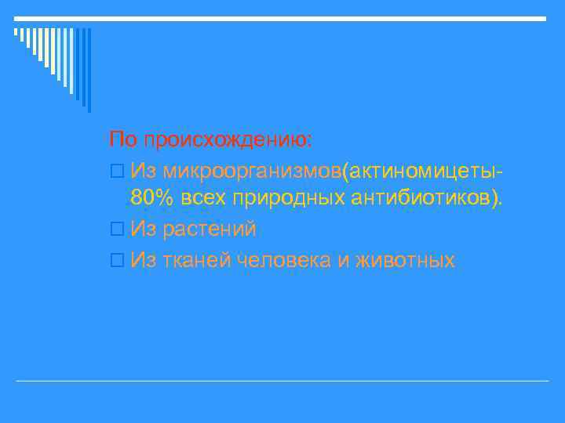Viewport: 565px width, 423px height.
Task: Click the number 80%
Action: pos(153,199)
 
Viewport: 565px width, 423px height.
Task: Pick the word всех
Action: pos(203,199)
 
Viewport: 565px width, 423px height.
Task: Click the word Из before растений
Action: pos(144,230)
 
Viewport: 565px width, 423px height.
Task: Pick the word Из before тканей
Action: pos(144,260)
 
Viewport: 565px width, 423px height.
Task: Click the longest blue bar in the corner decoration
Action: pos(89,70)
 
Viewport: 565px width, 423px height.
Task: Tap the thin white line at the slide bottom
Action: pos(282,381)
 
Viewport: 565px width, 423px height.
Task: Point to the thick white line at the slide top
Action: pos(282,18)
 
